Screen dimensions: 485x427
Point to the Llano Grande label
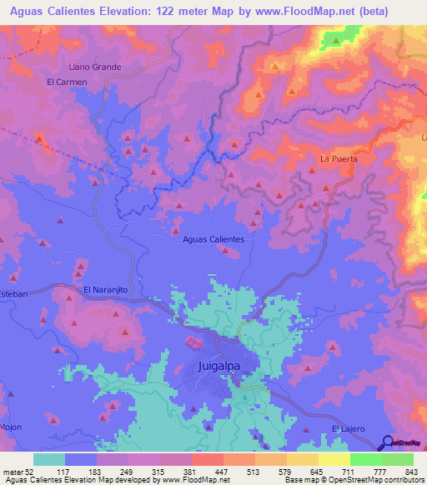pos(94,67)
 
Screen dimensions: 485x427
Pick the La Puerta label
pos(339,158)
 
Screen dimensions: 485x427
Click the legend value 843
pos(412,472)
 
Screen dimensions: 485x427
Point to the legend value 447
pos(223,472)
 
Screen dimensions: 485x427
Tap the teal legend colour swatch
pos(48,459)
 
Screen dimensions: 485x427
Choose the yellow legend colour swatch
pos(334,459)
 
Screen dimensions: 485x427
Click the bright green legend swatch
pos(365,459)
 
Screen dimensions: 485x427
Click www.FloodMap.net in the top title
pos(314,11)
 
